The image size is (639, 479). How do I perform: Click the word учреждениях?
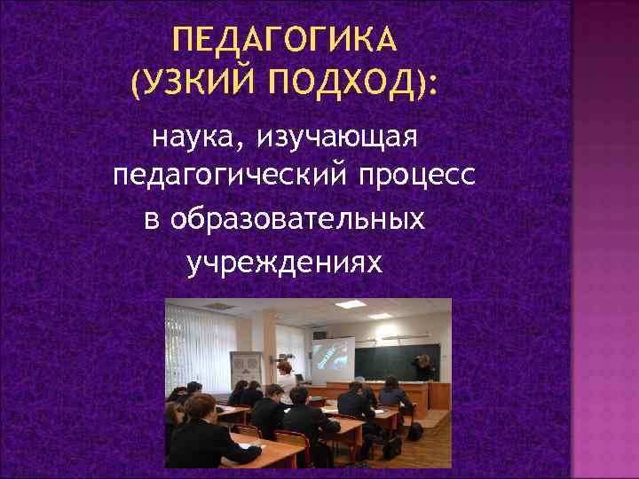pyautogui.click(x=285, y=261)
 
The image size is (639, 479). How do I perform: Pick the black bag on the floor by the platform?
pyautogui.click(x=414, y=431)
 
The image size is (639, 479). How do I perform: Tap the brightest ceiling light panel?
pyautogui.click(x=351, y=304)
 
